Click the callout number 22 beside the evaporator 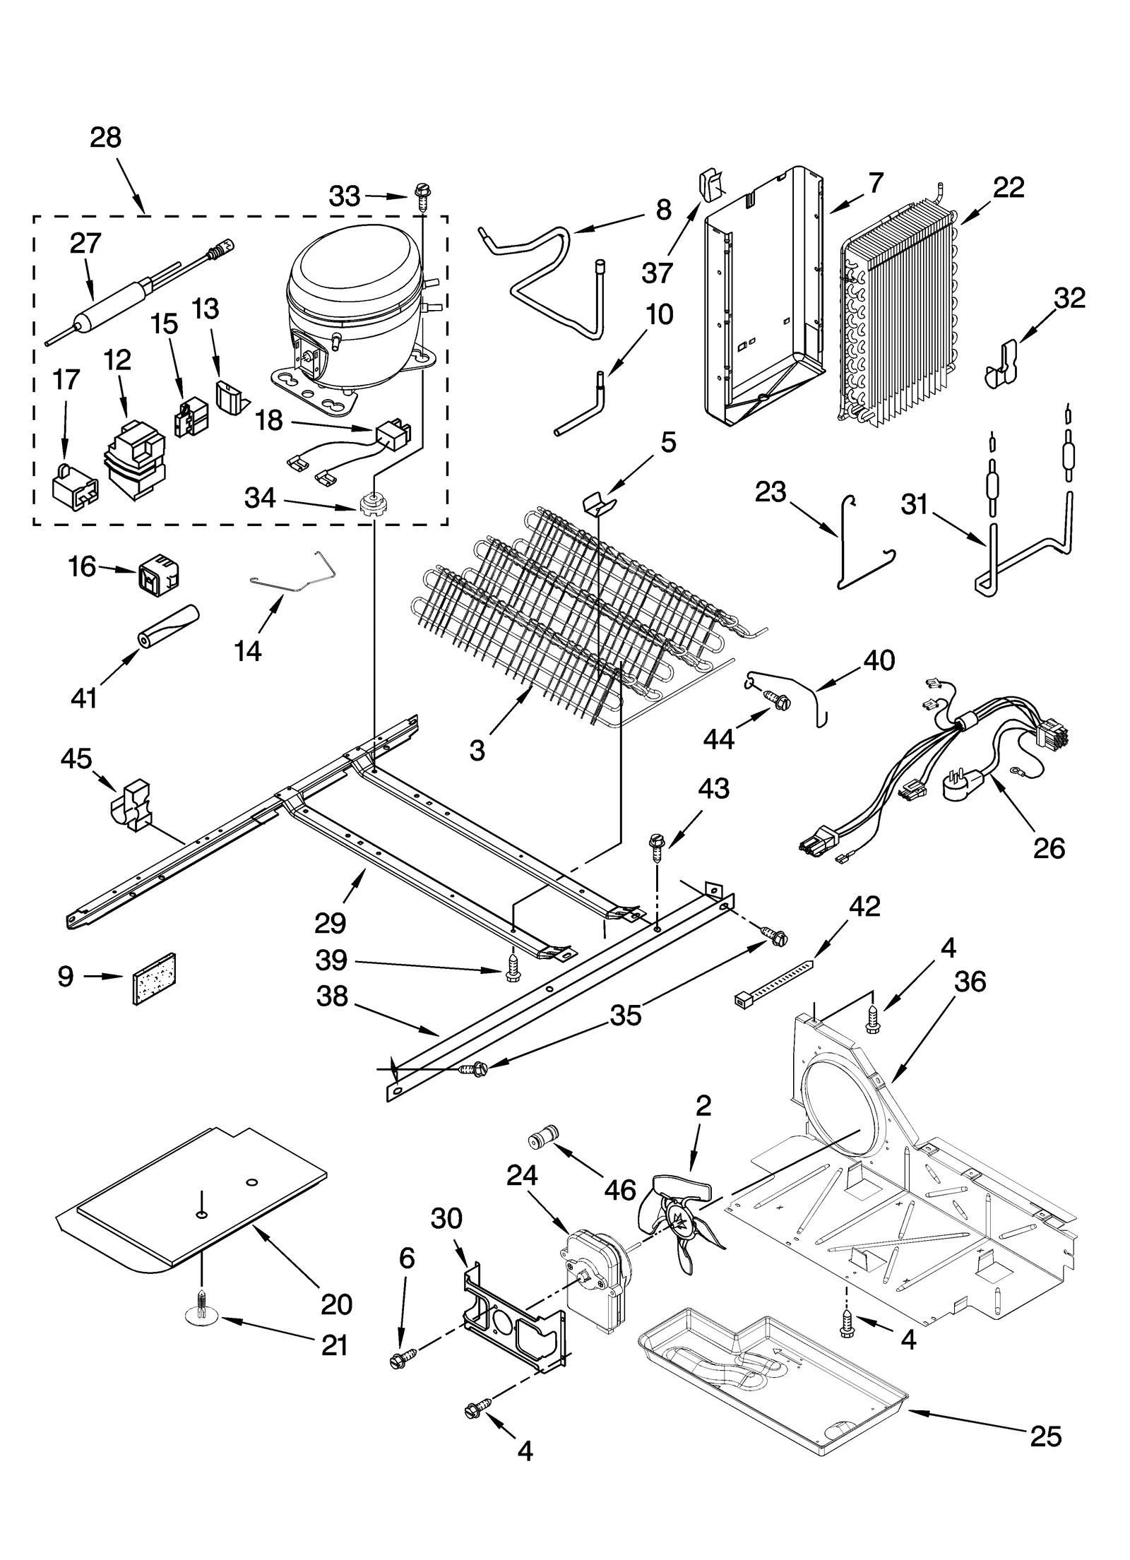pos(1008,187)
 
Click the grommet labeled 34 pos(371,506)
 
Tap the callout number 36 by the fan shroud pos(970,982)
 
